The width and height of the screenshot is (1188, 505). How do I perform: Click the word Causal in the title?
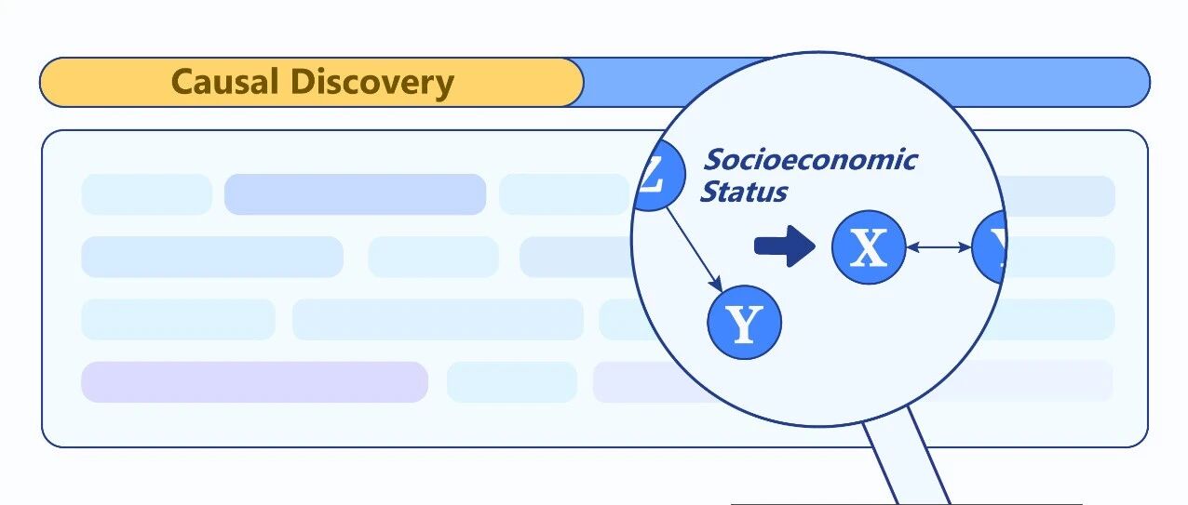pyautogui.click(x=225, y=82)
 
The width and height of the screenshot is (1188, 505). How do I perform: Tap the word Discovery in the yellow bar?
pyautogui.click(x=372, y=84)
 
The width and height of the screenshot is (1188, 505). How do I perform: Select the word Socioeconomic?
pyautogui.click(x=810, y=160)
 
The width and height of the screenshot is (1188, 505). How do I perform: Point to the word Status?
pyautogui.click(x=744, y=192)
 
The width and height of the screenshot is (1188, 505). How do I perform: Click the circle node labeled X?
pyautogui.click(x=869, y=247)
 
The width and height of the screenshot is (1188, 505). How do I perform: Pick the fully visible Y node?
pyautogui.click(x=744, y=322)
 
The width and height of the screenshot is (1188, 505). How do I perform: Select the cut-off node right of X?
pyautogui.click(x=990, y=246)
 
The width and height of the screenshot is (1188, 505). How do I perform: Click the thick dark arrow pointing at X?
pyautogui.click(x=785, y=246)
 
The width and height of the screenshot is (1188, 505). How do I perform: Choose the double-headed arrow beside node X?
pyautogui.click(x=938, y=247)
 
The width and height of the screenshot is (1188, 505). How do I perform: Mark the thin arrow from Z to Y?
pyautogui.click(x=695, y=249)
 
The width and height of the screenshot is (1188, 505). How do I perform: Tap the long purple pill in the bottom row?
pyautogui.click(x=254, y=382)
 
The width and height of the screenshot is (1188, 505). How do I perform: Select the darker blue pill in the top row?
pyautogui.click(x=356, y=194)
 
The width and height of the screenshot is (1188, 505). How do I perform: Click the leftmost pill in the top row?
pyautogui.click(x=147, y=194)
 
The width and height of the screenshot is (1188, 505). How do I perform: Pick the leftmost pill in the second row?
pyautogui.click(x=212, y=257)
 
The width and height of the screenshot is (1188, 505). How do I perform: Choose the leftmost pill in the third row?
pyautogui.click(x=178, y=320)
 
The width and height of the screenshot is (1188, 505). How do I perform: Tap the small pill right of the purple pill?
pyautogui.click(x=512, y=382)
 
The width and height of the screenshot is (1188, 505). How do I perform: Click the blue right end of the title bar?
pyautogui.click(x=1050, y=82)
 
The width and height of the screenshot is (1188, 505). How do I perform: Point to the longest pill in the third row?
pyautogui.click(x=439, y=320)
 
